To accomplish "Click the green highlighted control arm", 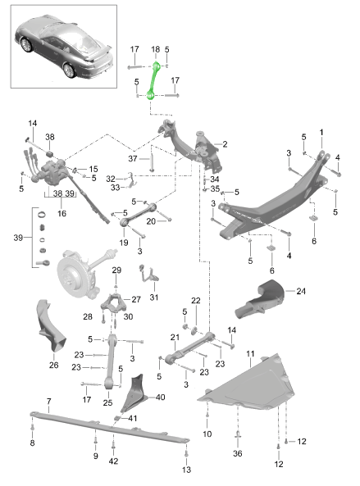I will point(153,79).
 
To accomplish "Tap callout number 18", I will point(155,50).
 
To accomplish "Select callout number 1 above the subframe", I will point(321,131).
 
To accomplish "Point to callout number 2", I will point(224,144).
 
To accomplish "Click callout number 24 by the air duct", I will point(301,290).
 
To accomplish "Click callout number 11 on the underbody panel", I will point(250,353).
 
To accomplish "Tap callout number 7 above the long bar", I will point(48,402).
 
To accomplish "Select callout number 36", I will point(239,453).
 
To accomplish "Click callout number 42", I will point(112,461).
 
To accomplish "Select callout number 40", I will point(160,397).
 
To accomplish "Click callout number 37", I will point(134,158).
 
